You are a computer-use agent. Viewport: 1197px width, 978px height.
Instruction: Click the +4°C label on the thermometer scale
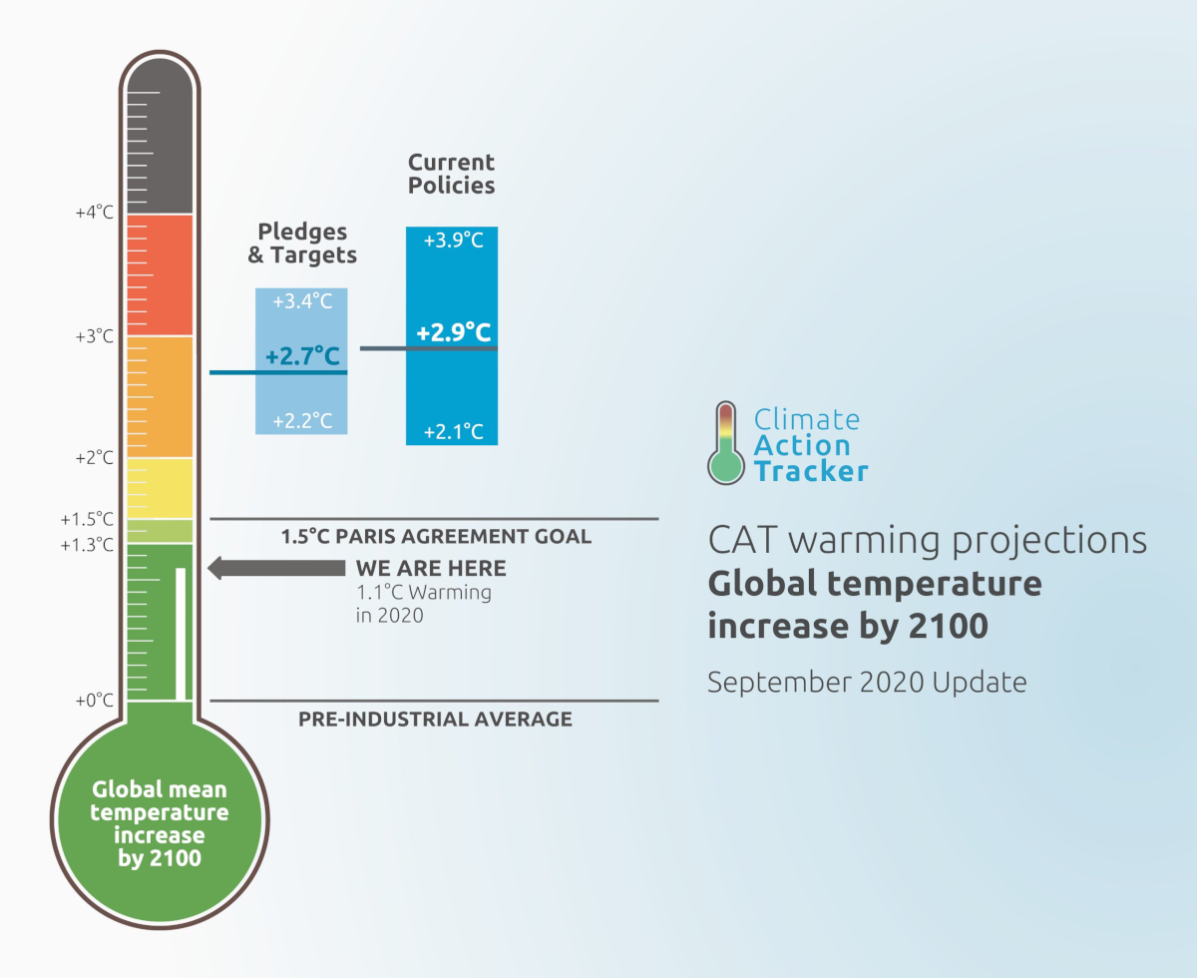pos(95,213)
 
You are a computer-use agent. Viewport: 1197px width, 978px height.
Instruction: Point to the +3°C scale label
pos(95,336)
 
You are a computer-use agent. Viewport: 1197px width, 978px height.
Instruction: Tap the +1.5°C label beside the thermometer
pos(87,519)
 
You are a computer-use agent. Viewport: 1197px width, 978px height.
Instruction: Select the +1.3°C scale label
pos(87,545)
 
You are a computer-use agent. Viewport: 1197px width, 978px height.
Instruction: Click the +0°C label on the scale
pos(95,701)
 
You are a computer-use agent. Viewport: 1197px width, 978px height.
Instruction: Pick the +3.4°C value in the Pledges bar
pos(302,301)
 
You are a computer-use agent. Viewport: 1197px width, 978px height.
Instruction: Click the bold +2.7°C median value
pos(302,356)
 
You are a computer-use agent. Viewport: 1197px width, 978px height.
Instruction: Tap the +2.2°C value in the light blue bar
pos(302,420)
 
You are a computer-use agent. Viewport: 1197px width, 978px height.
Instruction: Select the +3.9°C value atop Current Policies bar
pos(452,241)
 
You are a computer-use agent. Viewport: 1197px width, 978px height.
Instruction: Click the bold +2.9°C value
pos(453,332)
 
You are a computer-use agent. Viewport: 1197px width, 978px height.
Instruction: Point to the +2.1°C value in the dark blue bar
pos(452,432)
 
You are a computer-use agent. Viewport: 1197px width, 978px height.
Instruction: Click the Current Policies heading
pos(451,174)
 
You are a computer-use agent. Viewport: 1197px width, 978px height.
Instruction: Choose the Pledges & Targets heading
pos(302,244)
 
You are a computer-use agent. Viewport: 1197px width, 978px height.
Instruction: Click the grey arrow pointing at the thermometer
pos(275,568)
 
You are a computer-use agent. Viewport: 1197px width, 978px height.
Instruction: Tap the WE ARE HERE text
pos(431,569)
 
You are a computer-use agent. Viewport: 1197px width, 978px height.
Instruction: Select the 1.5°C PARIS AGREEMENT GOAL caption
pos(436,537)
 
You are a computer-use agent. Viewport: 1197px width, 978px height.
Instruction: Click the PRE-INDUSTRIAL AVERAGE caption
pos(435,719)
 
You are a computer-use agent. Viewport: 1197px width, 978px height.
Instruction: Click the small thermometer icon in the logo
pos(726,444)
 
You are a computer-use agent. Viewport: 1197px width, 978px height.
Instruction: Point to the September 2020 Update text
pos(866,683)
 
